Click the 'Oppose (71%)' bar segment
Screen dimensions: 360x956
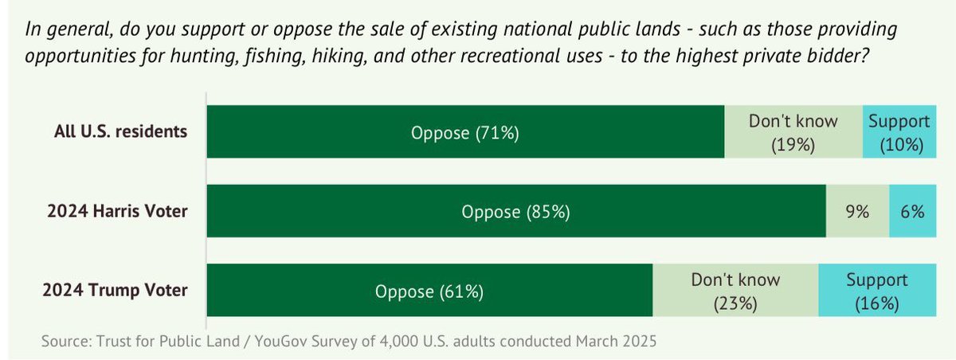(x=465, y=132)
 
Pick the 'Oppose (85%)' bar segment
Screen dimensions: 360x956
(x=516, y=212)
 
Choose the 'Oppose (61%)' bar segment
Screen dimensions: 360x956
(x=429, y=291)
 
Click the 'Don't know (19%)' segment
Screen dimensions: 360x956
(x=793, y=132)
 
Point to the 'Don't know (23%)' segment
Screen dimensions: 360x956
(x=735, y=291)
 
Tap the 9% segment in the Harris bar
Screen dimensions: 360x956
(x=857, y=212)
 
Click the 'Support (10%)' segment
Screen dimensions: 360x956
(x=899, y=132)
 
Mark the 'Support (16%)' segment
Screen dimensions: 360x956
(x=876, y=291)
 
